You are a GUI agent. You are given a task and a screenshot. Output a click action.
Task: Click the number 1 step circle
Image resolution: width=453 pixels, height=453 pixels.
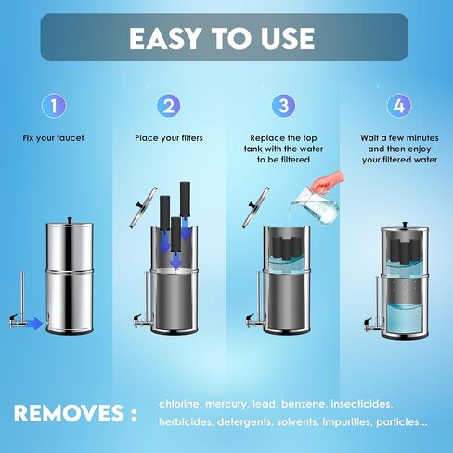54,106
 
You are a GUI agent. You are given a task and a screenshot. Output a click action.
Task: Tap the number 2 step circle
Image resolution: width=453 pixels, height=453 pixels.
169,106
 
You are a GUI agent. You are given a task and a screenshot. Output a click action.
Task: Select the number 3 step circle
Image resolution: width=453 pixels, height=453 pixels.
283,106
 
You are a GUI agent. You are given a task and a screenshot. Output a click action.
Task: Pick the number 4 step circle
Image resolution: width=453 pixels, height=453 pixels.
399,106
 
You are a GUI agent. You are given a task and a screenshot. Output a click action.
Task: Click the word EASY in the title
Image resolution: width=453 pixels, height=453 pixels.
164,38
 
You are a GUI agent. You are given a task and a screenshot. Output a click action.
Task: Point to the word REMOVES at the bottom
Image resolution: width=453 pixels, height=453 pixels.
69,413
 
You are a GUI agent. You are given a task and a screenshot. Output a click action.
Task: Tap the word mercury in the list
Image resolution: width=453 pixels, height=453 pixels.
226,405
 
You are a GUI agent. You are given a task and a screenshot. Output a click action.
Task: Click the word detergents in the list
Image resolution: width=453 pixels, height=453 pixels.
244,422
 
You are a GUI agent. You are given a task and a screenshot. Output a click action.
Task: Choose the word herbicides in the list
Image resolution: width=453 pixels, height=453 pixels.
186,422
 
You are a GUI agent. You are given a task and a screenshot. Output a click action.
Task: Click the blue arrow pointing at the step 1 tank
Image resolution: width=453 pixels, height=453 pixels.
34,324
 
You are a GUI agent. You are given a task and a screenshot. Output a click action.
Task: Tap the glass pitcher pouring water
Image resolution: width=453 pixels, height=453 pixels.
315,207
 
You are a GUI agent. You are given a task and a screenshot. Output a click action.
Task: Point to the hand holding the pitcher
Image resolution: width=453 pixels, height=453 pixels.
328,182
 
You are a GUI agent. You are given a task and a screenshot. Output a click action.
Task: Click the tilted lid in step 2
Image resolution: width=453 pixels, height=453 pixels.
144,207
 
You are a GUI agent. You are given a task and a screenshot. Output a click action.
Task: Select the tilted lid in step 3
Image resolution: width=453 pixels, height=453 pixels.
255,207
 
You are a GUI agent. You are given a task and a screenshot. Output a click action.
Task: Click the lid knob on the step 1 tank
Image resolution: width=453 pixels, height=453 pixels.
70,220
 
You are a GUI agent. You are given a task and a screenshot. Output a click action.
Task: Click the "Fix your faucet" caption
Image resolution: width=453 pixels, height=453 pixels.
53,138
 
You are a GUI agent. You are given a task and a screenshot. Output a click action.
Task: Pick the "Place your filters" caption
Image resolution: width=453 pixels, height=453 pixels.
169,138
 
